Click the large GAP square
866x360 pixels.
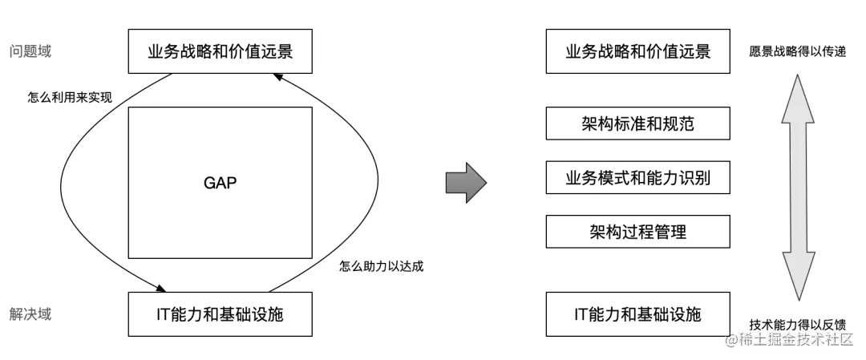(x=220, y=183)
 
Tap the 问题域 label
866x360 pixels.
(x=30, y=52)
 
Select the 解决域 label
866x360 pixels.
(x=30, y=313)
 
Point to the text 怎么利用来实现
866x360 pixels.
(x=70, y=97)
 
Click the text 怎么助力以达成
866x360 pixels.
(x=381, y=266)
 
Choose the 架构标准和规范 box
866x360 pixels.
(x=638, y=124)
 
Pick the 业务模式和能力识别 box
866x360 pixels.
(x=638, y=177)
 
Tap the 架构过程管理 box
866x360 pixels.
(x=638, y=231)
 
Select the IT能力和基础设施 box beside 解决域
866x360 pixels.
(x=220, y=314)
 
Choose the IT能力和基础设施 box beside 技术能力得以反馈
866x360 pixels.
(x=638, y=314)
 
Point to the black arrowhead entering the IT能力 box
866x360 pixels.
(x=164, y=288)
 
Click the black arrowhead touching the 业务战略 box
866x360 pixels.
(x=277, y=77)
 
